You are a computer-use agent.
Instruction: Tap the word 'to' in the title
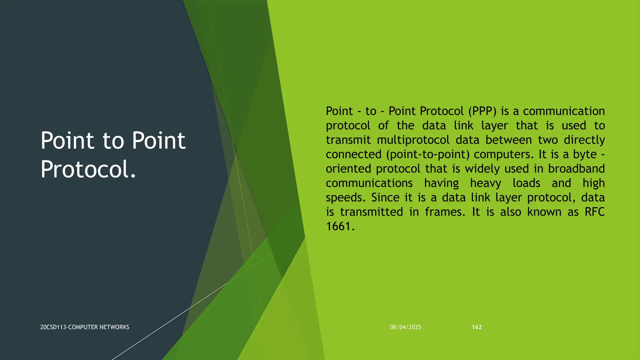[x=113, y=141]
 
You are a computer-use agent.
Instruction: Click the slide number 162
[x=477, y=327]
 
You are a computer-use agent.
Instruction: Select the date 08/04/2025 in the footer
[x=405, y=327]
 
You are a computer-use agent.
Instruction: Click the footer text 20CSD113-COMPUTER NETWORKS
[x=85, y=327]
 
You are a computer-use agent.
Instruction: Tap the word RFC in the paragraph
[x=594, y=212]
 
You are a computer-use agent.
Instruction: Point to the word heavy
[x=485, y=183]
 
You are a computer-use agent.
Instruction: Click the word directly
[x=584, y=140]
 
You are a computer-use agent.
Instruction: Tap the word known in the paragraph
[x=544, y=212]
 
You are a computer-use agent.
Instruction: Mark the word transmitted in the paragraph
[x=371, y=212]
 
